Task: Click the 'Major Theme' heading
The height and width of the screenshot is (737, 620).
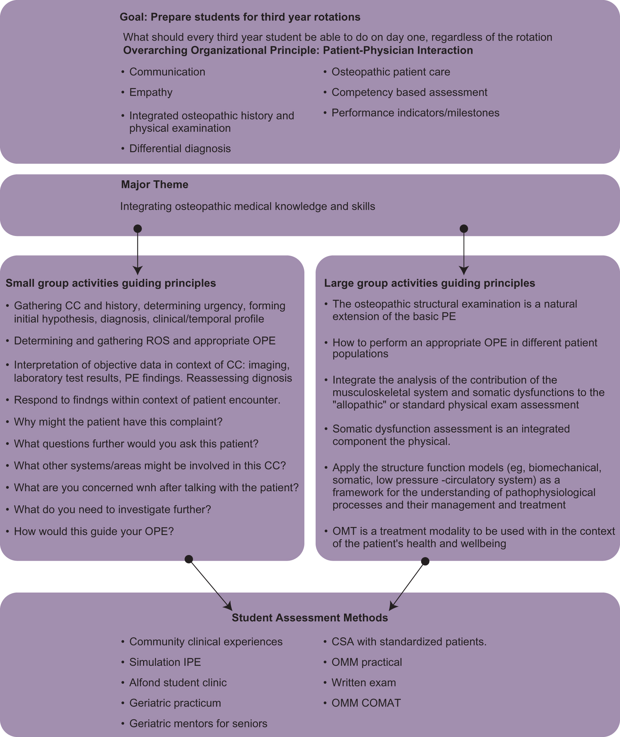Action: [x=154, y=184]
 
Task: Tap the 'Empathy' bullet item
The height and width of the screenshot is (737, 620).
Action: [x=150, y=92]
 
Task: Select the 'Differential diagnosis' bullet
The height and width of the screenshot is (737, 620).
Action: [x=180, y=148]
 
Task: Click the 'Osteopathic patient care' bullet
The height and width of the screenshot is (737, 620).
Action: [x=391, y=72]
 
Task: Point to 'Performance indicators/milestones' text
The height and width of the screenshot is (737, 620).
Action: [x=415, y=113]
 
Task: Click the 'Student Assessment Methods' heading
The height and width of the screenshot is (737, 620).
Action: [x=310, y=617]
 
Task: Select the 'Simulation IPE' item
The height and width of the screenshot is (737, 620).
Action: [x=165, y=662]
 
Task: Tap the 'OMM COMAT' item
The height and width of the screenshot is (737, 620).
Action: [x=366, y=703]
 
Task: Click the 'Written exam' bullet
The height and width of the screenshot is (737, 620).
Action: [x=363, y=682]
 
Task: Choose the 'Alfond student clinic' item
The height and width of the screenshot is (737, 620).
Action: [x=178, y=682]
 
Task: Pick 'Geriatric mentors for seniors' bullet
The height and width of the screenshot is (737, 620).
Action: [x=198, y=723]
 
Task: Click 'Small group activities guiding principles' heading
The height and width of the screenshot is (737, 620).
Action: [x=111, y=283]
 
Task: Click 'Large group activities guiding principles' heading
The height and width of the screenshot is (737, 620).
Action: [x=429, y=283]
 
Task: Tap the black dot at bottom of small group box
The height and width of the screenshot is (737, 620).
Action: [x=189, y=559]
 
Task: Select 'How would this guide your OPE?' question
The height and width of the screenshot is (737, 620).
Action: [x=94, y=531]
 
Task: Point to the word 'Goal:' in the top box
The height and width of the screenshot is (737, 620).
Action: [x=133, y=17]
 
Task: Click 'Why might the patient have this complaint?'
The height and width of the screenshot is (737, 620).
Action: [x=118, y=421]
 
